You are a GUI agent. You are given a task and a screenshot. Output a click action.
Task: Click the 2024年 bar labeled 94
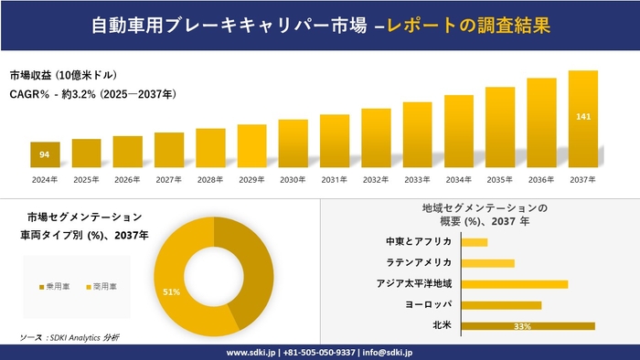pos(45,155)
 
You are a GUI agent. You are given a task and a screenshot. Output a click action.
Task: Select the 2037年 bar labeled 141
pos(582,120)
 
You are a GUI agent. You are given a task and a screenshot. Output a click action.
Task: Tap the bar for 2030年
pos(293,144)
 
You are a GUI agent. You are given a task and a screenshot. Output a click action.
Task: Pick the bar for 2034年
pos(458,132)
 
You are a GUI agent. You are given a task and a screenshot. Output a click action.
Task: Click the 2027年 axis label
pos(169,180)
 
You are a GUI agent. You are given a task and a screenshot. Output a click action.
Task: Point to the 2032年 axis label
pos(376,180)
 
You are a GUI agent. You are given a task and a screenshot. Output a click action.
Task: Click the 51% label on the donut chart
pos(171,291)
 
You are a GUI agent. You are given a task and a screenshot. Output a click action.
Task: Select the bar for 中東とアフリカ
pos(475,242)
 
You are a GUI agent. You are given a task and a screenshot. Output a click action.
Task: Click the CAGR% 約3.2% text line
pos(92,94)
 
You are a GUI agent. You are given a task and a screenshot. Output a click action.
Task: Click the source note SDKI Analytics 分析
pos(69,338)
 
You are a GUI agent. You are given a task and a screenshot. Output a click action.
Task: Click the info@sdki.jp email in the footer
pos(388,352)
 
